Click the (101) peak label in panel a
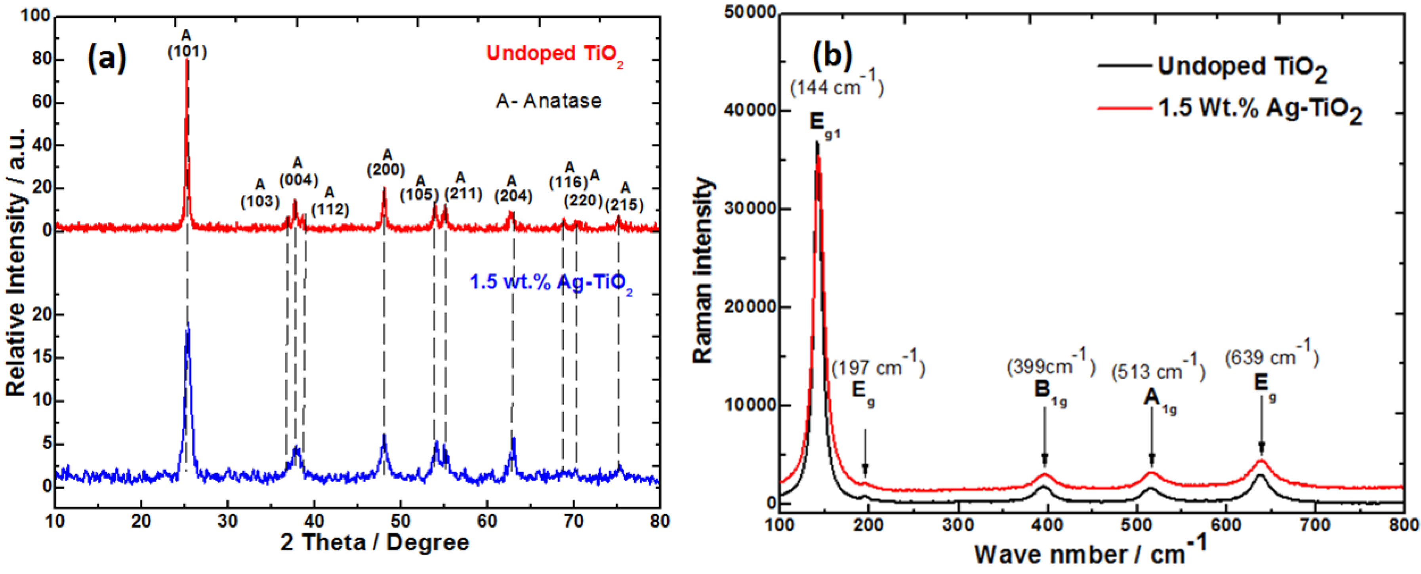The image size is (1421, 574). (187, 51)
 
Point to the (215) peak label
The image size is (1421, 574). (624, 205)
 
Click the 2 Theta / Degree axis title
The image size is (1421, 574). (374, 543)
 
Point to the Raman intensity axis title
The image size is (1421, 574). (702, 270)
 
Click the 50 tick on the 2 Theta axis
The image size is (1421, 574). (401, 521)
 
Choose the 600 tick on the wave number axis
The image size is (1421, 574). (1226, 525)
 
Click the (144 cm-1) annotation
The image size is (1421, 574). (837, 86)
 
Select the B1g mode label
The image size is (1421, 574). (1049, 391)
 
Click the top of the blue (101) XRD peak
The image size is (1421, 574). (188, 324)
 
